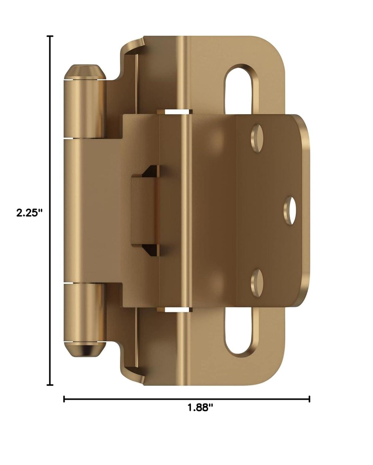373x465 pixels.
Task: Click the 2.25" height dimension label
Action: point(29,213)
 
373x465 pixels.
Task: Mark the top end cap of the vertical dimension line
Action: point(50,36)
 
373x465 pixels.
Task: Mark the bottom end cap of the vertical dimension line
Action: point(50,385)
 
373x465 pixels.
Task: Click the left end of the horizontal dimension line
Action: point(64,399)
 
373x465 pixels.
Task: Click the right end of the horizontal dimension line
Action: point(309,399)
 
